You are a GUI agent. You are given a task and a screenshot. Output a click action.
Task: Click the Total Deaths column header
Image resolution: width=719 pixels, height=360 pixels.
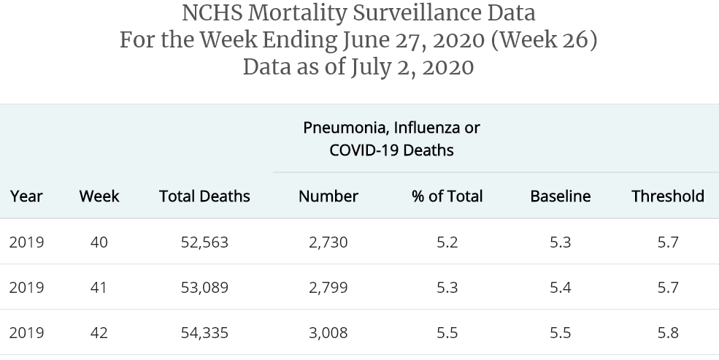[x=204, y=196]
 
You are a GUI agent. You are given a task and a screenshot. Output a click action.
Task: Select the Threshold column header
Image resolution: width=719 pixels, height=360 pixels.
[x=668, y=196]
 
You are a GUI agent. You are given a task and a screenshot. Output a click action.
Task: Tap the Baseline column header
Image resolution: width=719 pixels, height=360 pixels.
[x=560, y=196]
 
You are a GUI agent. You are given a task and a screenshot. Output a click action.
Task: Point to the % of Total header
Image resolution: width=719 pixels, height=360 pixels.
[x=447, y=196]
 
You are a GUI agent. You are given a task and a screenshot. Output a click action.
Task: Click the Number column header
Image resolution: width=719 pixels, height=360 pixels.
[x=328, y=196]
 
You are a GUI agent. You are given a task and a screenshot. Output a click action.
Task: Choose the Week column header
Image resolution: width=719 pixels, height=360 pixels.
[x=99, y=196]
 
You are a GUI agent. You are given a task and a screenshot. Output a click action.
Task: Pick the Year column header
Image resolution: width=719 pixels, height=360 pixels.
[x=26, y=196]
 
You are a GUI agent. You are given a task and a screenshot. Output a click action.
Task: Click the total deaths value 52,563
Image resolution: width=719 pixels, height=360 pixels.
[x=204, y=242]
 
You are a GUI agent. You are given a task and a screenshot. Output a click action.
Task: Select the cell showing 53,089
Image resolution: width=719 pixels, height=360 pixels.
[x=204, y=287]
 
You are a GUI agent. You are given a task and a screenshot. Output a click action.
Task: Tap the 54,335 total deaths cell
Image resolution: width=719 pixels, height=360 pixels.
[x=204, y=332]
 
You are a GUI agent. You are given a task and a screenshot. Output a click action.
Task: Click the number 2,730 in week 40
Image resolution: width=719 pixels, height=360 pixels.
[x=328, y=242]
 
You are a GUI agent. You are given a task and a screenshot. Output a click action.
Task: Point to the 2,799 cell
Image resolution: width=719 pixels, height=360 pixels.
[x=328, y=287]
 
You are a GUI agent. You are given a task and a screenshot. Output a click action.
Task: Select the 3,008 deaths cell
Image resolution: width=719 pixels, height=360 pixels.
[x=328, y=332]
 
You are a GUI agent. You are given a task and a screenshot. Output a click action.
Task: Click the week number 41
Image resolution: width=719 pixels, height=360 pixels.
[x=99, y=287]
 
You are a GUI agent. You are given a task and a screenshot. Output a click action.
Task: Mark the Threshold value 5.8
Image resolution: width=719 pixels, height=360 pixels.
[x=668, y=332]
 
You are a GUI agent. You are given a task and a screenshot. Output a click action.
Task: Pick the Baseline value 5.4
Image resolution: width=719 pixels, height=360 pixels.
[x=560, y=287]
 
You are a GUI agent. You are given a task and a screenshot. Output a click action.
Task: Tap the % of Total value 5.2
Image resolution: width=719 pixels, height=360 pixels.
[x=447, y=242]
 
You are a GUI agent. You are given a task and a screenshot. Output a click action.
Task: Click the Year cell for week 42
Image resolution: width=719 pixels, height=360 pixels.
[x=26, y=332]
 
